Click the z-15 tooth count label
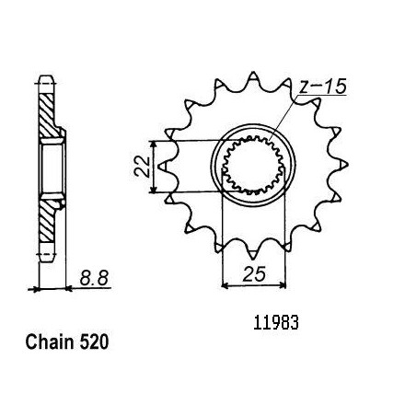pos(323,86)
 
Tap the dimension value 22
pos(142,167)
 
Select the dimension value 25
pos(254,273)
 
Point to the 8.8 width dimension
pos(94,279)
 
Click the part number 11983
pos(275,323)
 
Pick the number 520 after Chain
pos(94,341)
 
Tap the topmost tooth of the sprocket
pos(253,76)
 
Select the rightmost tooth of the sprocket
pos(343,165)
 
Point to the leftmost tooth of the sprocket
pos(163,166)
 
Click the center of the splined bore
pos(253,166)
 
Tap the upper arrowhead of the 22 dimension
pos(154,145)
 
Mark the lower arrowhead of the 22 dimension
pos(154,190)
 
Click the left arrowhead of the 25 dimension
pos(226,285)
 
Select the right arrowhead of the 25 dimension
pos(282,285)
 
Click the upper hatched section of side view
pos(49,115)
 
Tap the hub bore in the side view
pos(52,168)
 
